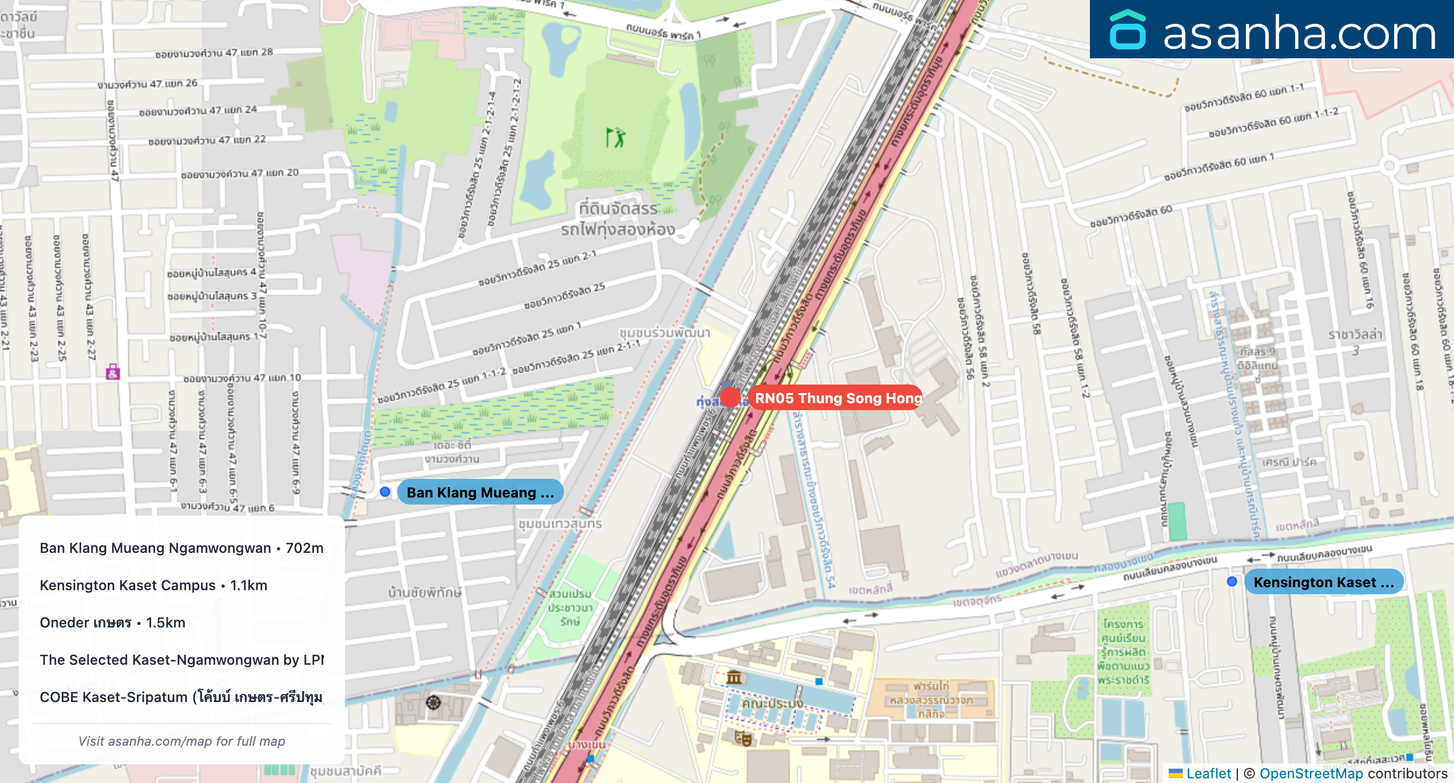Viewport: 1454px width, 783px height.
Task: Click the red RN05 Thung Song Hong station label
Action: [x=838, y=398]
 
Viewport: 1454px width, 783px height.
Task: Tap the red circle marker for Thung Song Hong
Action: [x=730, y=397]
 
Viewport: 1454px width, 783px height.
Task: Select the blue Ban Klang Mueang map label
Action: [x=479, y=492]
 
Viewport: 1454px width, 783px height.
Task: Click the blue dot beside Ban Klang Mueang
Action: [x=385, y=492]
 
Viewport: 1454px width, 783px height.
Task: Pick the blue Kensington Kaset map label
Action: [x=1323, y=582]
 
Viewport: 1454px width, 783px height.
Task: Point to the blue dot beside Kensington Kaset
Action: [x=1232, y=581]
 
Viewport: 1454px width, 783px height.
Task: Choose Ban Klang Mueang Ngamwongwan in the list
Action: [x=155, y=548]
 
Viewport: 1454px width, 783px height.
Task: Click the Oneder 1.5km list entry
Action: [x=112, y=623]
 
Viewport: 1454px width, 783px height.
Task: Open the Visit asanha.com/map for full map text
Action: [x=182, y=741]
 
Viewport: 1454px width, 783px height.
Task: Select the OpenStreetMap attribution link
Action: [x=1311, y=773]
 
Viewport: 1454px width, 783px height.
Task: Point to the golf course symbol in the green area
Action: [x=615, y=138]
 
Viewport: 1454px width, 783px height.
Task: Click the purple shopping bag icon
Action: [x=113, y=372]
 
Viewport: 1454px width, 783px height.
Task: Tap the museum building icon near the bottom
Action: [x=734, y=677]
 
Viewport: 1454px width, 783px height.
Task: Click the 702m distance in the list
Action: [x=304, y=548]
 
